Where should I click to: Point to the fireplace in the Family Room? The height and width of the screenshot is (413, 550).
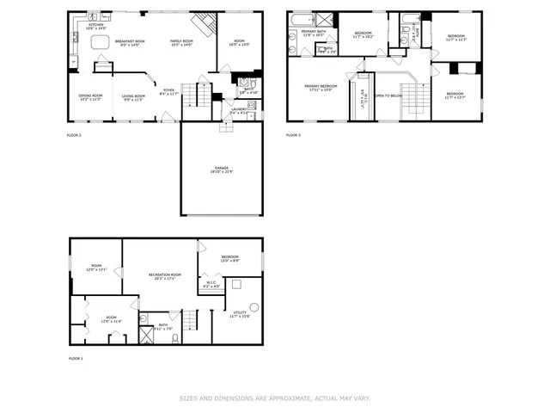tap(203, 22)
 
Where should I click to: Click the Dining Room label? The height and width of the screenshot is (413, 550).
tap(90, 96)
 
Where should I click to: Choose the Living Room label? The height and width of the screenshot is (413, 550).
tap(132, 96)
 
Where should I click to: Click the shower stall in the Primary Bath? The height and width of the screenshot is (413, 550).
tap(325, 21)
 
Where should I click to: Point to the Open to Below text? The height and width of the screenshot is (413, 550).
tap(388, 96)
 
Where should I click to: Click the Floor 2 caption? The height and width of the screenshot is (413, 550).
tap(75, 136)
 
